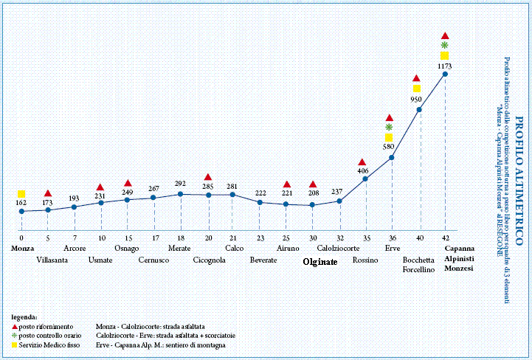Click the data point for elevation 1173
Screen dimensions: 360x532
445,74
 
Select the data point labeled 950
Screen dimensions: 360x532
419,109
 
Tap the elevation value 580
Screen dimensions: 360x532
389,147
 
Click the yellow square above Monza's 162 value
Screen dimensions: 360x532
21,194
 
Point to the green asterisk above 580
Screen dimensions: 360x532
390,127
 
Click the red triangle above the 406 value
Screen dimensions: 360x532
362,162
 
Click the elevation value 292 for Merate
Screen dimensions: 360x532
180,184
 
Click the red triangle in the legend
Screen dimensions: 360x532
16,325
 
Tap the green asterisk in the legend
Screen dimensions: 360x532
16,335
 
